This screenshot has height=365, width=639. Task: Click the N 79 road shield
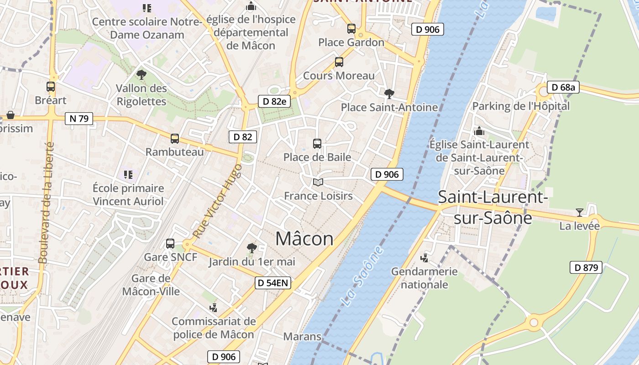(x=79, y=119)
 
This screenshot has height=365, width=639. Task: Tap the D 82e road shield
(x=274, y=101)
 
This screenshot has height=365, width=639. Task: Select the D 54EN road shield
(x=272, y=283)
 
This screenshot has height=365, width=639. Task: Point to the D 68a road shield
(x=563, y=87)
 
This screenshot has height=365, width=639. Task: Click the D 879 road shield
(x=586, y=267)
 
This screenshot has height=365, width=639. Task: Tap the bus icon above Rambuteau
(x=174, y=139)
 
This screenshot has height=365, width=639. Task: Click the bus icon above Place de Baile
(x=317, y=144)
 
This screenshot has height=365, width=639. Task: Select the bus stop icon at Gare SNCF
(x=170, y=244)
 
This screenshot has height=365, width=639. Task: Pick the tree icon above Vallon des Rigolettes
(x=141, y=74)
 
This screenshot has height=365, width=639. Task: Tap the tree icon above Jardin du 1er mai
(x=251, y=248)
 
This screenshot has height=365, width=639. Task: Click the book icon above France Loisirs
(x=318, y=182)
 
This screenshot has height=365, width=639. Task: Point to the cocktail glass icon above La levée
(x=580, y=212)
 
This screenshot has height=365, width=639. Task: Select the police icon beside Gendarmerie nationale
(x=424, y=258)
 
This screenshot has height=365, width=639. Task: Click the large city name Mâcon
(x=304, y=239)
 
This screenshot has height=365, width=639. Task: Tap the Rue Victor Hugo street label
(x=217, y=201)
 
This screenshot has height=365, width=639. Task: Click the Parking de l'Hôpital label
(x=521, y=106)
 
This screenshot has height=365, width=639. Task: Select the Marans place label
(x=302, y=337)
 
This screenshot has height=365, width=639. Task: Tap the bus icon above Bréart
(x=51, y=87)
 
